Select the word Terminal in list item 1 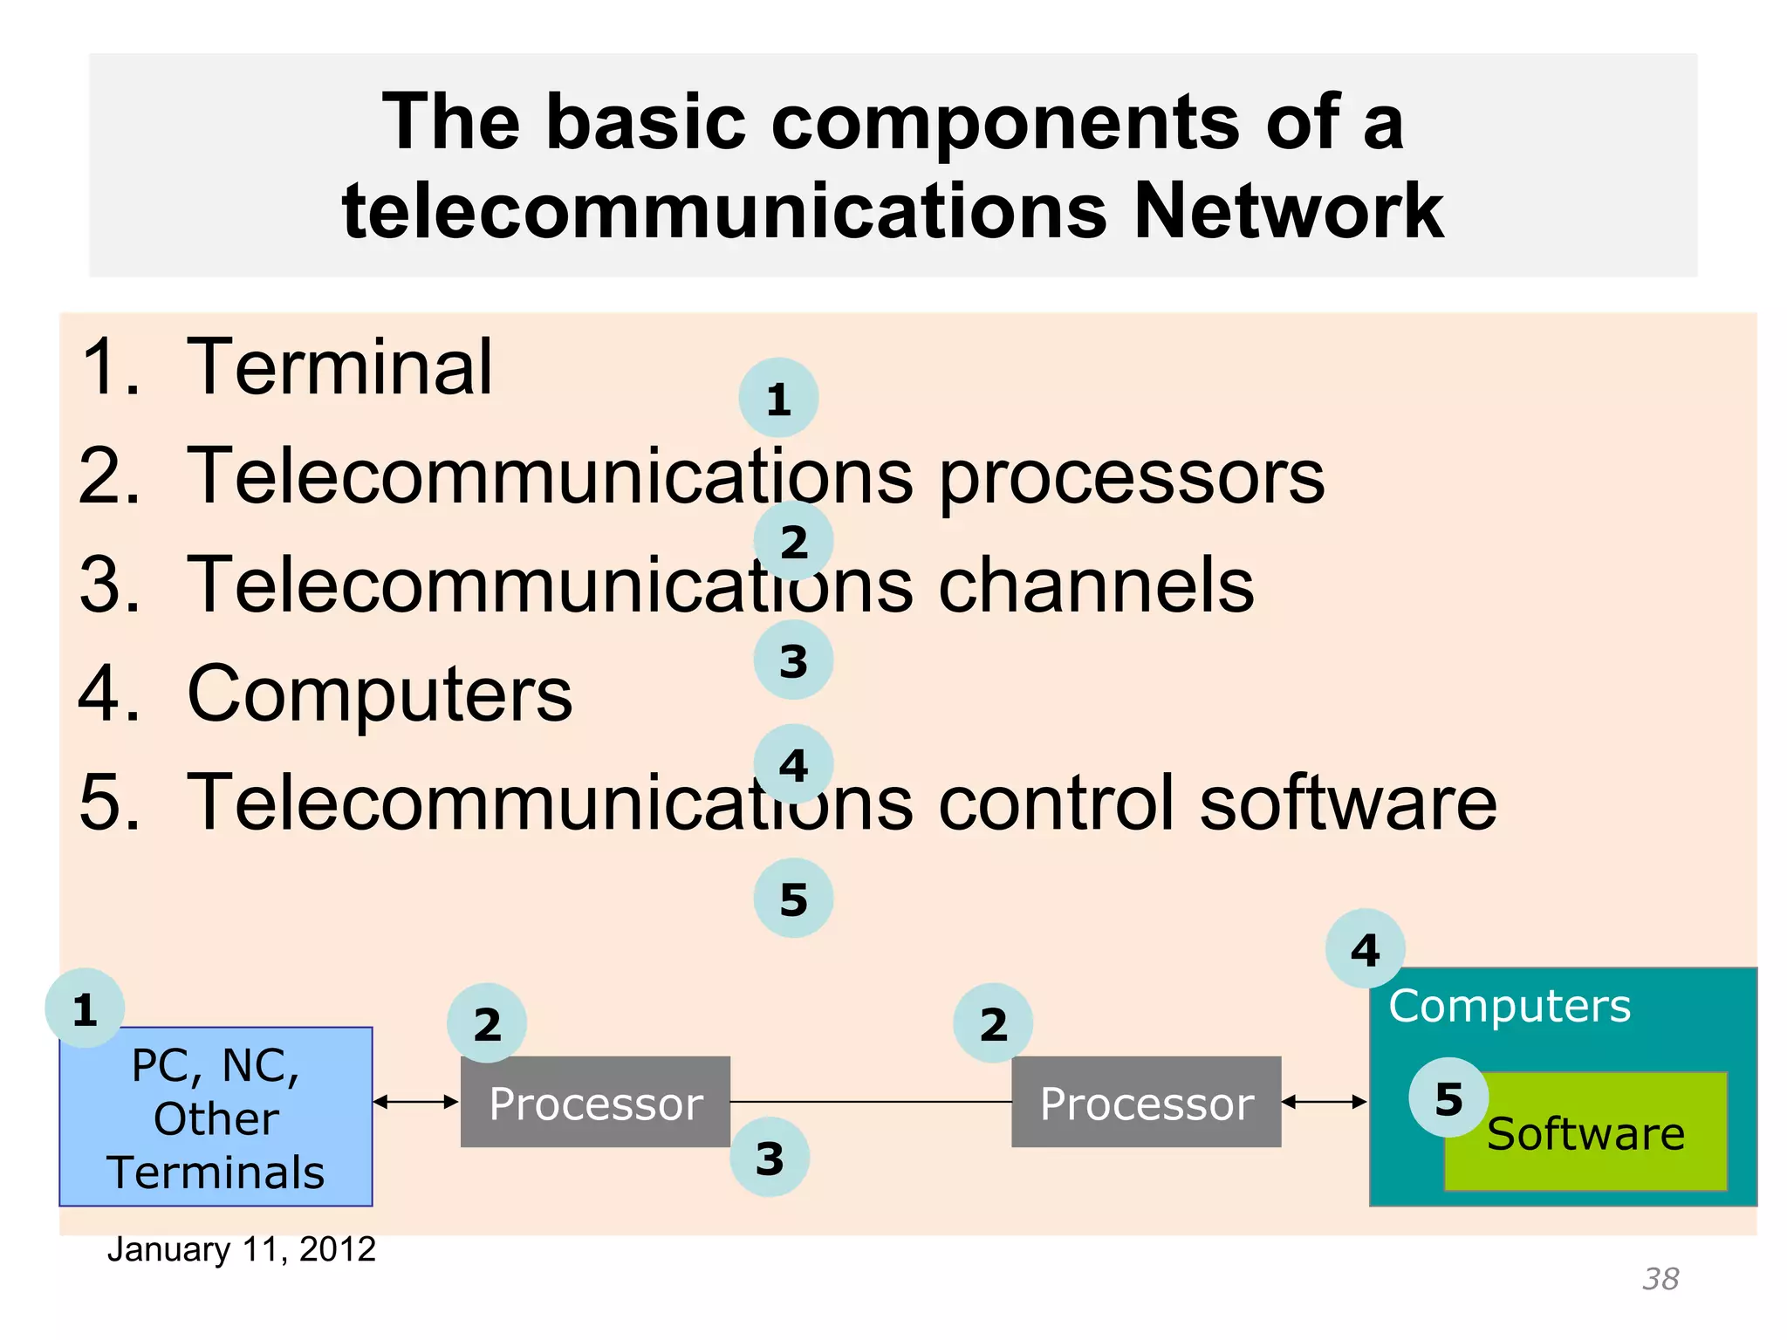tap(339, 367)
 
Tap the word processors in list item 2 tap(1131, 477)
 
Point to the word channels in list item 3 tap(1095, 585)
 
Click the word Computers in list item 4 tap(380, 694)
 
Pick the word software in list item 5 tap(1347, 803)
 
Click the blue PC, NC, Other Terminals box tap(216, 1118)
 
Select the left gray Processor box tap(595, 1103)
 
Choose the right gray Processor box tap(1146, 1103)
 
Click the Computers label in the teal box tap(1510, 1006)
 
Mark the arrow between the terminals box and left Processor tap(416, 1102)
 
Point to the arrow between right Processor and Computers tap(1325, 1102)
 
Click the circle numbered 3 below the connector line tap(770, 1158)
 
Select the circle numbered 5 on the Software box tap(1448, 1097)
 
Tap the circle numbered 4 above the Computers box tap(1365, 949)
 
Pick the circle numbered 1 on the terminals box tap(85, 1008)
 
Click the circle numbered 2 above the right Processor tap(993, 1023)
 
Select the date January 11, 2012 tap(241, 1249)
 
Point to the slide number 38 tap(1660, 1279)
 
